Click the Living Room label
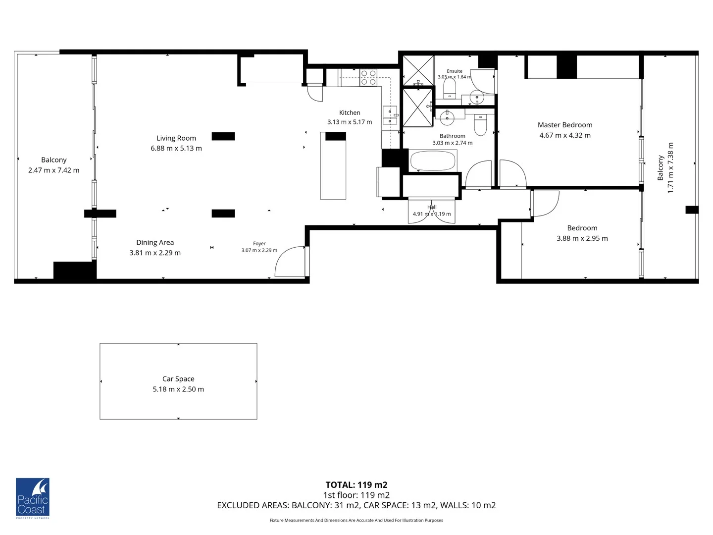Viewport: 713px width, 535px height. tap(176, 138)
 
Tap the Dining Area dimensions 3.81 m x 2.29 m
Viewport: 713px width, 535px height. tap(155, 253)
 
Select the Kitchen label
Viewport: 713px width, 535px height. tap(350, 113)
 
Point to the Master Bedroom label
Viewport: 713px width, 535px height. tap(565, 125)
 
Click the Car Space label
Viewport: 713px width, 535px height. tap(178, 379)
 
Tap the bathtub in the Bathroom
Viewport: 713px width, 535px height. tap(433, 160)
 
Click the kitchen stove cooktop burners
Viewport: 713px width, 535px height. tap(368, 77)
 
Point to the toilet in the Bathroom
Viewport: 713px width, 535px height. tap(480, 125)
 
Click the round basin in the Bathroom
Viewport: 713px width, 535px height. tap(447, 118)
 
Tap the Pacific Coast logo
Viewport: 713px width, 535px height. tap(33, 498)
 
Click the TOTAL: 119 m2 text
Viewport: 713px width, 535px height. tap(356, 485)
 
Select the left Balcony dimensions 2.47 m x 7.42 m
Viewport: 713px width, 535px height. tap(53, 170)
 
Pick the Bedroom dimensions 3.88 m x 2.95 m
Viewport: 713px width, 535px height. tap(582, 238)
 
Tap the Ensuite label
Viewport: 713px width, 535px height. tap(455, 71)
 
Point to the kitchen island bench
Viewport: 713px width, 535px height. tap(333, 168)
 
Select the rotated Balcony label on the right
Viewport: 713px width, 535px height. tap(661, 168)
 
